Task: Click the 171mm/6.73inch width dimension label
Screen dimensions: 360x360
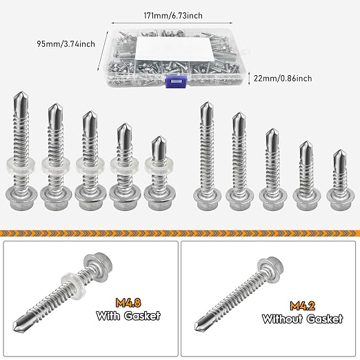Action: (x=173, y=16)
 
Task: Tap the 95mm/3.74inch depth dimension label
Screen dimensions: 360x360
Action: (x=66, y=44)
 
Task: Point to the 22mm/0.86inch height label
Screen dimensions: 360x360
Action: (x=283, y=79)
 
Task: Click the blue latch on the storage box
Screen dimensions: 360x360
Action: (x=176, y=81)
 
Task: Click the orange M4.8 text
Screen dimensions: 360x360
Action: (x=128, y=303)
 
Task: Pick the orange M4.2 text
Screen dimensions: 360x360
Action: (x=302, y=306)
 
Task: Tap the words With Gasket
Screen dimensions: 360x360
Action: (x=128, y=316)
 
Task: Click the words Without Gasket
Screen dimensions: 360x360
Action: (x=302, y=319)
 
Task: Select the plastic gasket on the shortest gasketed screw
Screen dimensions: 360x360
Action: (x=159, y=166)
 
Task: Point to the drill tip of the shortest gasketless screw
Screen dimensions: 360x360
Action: (x=340, y=151)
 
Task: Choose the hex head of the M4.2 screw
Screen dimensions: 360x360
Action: (x=270, y=267)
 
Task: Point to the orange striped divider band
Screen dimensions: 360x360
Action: (x=180, y=233)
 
